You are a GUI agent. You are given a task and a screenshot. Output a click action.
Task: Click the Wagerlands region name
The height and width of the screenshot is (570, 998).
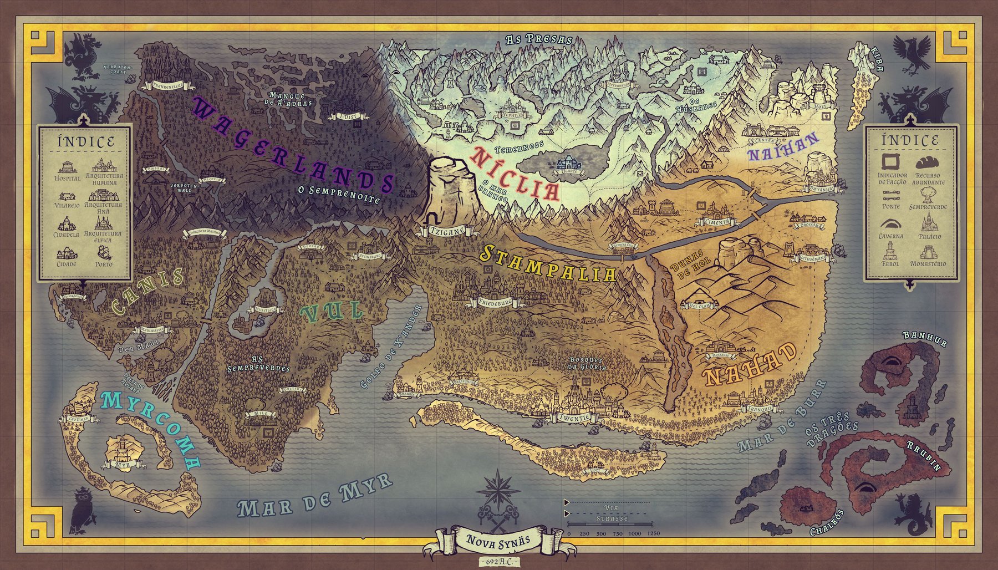click(294, 145)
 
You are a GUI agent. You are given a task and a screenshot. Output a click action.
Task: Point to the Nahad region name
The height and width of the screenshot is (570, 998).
click(751, 364)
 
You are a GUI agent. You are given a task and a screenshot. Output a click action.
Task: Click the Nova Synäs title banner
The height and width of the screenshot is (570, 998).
click(498, 540)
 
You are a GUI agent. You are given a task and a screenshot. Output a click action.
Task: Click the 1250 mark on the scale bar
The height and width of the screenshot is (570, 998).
click(653, 533)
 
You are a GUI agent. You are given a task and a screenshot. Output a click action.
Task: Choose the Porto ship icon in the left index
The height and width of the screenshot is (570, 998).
click(104, 253)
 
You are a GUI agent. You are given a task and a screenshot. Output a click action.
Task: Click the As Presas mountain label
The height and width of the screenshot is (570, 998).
click(538, 39)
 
